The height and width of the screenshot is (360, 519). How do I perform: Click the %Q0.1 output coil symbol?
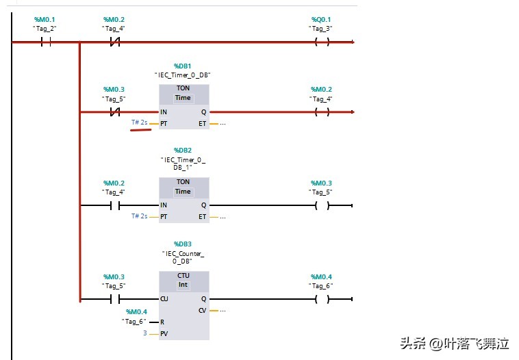coord(322,42)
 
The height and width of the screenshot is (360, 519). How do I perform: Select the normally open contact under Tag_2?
coord(47,42)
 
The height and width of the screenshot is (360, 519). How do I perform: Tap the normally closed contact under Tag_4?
coord(115,42)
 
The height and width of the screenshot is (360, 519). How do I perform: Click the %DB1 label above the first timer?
coord(183,66)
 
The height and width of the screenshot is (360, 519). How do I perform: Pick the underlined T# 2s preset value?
coord(140,123)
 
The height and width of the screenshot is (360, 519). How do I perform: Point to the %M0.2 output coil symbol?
coord(322,112)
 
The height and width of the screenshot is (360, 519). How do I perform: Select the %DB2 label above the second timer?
coord(183,149)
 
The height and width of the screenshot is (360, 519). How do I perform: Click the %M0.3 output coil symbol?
coord(322,205)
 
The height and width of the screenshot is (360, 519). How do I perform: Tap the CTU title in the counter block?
coord(183,275)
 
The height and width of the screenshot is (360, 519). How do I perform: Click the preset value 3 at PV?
coord(144,333)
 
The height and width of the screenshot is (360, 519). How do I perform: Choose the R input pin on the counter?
coord(162,322)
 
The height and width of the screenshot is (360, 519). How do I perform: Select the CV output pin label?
coord(202,310)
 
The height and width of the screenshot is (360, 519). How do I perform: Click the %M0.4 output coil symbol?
coord(322,299)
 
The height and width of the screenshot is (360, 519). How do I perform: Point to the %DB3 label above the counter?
coord(183,244)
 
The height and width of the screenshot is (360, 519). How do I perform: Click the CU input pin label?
coord(164,299)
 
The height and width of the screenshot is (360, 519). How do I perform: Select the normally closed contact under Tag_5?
coord(115,112)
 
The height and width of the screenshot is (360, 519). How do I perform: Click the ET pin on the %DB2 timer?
coord(202,216)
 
